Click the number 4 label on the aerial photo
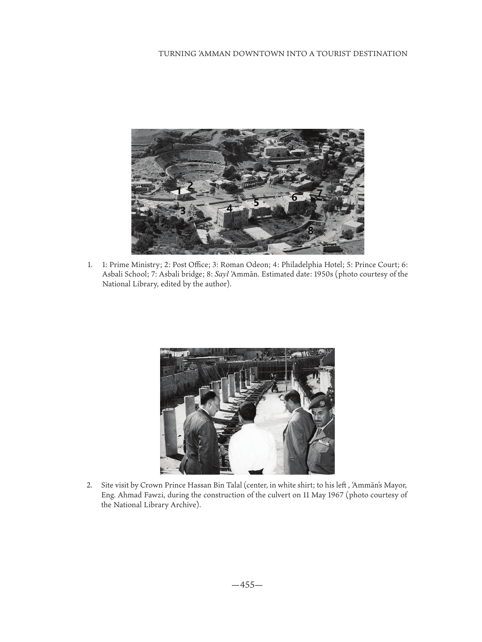[x=229, y=208]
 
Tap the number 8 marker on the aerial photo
[x=310, y=230]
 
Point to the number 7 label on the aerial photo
[x=319, y=193]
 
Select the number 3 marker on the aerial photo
[x=183, y=211]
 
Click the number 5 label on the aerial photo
[x=256, y=202]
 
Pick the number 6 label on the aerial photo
[x=294, y=197]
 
